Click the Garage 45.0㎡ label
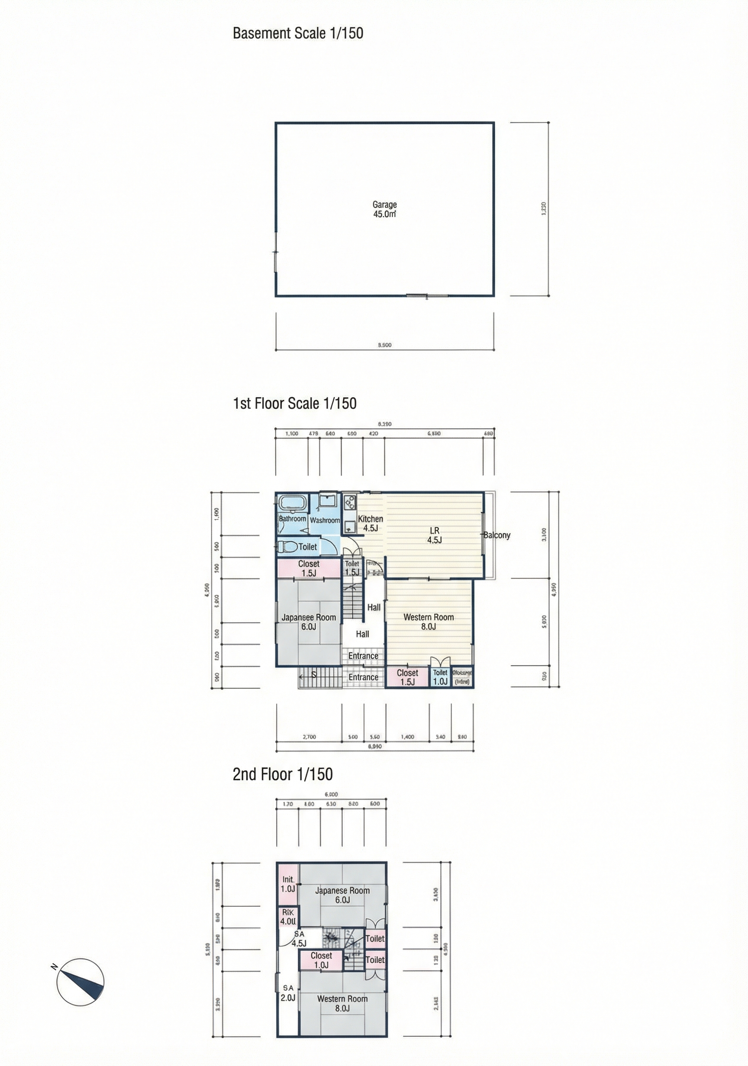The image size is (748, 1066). click(384, 209)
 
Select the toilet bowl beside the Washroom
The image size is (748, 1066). click(287, 547)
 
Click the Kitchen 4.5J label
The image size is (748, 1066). click(370, 523)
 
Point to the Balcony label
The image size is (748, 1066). click(497, 535)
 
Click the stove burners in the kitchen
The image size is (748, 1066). click(349, 502)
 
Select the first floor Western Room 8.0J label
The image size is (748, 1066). click(429, 622)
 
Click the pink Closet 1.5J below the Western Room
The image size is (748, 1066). click(407, 677)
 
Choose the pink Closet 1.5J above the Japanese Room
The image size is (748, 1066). click(309, 568)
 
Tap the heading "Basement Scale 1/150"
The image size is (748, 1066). click(298, 33)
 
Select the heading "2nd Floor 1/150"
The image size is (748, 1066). click(283, 774)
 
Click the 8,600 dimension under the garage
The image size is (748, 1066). click(384, 345)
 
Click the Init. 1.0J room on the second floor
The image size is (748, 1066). click(288, 884)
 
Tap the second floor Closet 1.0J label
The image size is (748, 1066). click(321, 960)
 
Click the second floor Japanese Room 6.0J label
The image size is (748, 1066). click(342, 895)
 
